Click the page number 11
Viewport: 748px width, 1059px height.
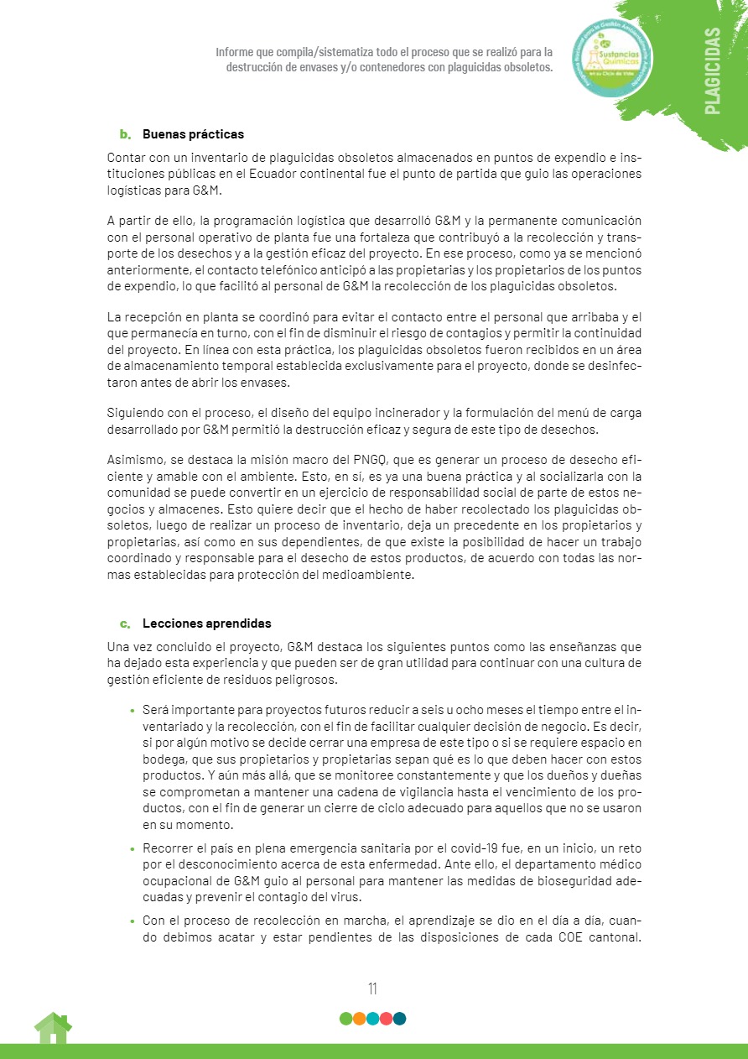[x=372, y=989]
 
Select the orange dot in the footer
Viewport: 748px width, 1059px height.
[x=359, y=1019]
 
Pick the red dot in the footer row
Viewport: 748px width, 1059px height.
[x=386, y=1019]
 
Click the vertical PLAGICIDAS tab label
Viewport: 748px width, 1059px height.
[x=712, y=70]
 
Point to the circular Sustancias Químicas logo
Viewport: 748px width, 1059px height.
[x=610, y=59]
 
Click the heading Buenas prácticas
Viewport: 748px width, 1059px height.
[x=193, y=134]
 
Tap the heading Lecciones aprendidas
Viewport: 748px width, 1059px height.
[x=206, y=624]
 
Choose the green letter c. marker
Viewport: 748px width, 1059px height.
[x=126, y=624]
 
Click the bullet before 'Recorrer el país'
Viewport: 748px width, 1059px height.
[x=132, y=851]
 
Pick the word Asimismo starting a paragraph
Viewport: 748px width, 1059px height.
[x=134, y=461]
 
